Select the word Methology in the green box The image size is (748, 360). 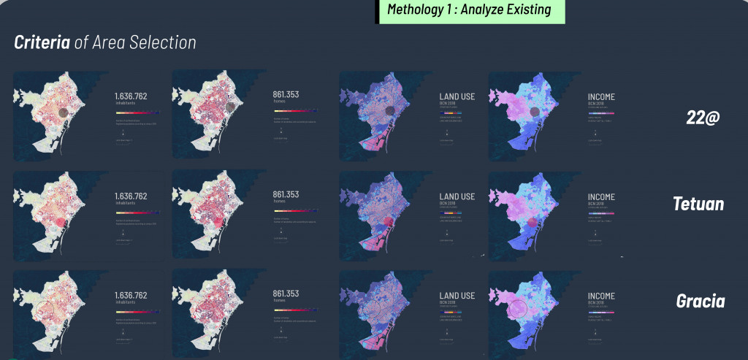click(414, 10)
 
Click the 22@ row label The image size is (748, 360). click(704, 117)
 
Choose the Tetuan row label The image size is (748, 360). click(698, 204)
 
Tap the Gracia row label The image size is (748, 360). click(701, 301)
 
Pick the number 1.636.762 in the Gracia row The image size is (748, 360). click(131, 295)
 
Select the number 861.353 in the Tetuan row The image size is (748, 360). click(288, 194)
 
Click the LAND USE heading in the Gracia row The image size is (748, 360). click(457, 296)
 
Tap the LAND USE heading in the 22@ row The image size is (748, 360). click(457, 96)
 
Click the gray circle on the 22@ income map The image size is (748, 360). click(535, 112)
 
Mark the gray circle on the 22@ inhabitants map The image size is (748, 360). click(65, 112)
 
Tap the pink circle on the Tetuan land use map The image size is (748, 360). click(388, 223)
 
